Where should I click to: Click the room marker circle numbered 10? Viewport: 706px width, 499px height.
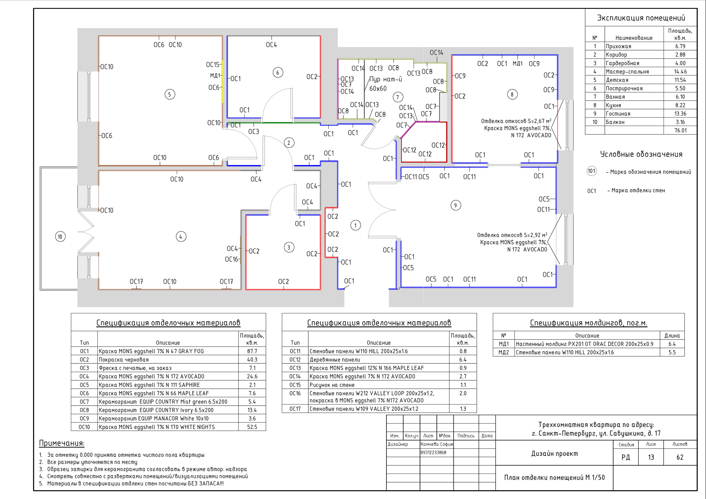[60, 237]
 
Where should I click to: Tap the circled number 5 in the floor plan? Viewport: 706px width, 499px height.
[170, 94]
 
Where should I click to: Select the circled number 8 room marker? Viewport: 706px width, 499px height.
[512, 94]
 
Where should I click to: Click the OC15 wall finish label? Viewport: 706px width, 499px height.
[213, 64]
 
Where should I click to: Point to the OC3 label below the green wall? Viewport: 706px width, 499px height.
[254, 131]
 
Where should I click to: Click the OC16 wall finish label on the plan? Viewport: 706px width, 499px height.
[232, 259]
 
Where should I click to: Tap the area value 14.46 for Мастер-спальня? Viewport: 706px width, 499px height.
[680, 72]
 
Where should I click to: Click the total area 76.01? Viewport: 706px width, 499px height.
[680, 130]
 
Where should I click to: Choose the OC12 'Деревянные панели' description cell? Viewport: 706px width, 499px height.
[335, 360]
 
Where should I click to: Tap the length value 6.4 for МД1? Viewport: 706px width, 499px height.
[672, 344]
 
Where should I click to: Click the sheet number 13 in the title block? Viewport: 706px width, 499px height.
[651, 457]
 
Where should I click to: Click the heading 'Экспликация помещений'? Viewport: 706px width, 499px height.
[641, 18]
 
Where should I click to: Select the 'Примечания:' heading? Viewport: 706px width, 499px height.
[61, 443]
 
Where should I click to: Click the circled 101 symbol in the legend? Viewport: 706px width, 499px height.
[592, 171]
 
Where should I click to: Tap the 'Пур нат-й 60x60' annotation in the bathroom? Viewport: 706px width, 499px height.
[386, 84]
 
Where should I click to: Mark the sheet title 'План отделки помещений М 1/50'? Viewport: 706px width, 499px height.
[554, 478]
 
